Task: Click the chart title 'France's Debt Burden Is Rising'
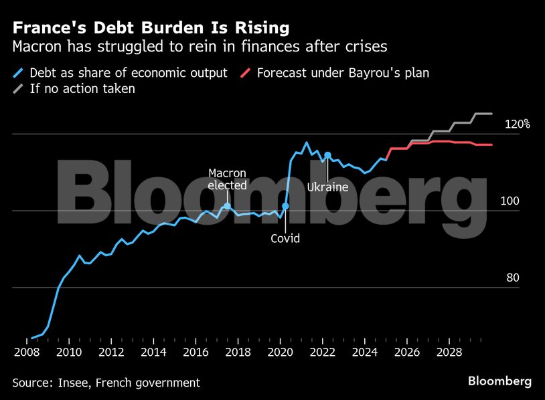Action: pos(151,28)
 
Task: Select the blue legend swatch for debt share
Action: pos(19,72)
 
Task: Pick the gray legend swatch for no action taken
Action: pos(19,89)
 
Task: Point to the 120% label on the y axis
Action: pos(518,124)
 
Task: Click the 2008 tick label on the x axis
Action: pos(27,353)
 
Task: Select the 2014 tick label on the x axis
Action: pos(153,353)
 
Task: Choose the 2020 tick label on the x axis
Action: pos(281,353)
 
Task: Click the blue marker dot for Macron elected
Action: pos(227,205)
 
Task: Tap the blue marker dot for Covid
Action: pos(285,206)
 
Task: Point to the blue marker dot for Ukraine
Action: pos(327,155)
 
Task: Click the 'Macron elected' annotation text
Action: pos(227,179)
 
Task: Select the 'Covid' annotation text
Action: pos(285,238)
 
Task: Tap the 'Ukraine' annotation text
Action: pos(327,187)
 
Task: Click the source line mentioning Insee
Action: pos(106,383)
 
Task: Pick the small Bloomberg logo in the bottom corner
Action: pos(499,381)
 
